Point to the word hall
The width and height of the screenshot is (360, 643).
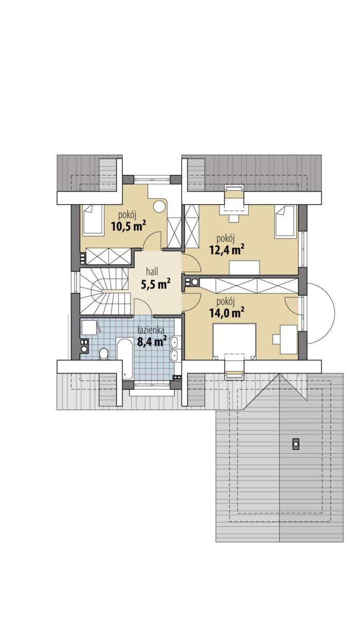click(152, 271)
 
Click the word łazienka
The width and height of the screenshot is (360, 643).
click(151, 330)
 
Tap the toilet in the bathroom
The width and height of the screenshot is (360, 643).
click(103, 354)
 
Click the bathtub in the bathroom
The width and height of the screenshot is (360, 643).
click(124, 359)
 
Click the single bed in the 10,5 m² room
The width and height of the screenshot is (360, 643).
click(93, 220)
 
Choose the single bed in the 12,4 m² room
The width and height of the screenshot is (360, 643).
click(285, 221)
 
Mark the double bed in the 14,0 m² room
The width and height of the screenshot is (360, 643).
click(234, 341)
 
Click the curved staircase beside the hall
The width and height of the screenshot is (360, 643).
click(105, 291)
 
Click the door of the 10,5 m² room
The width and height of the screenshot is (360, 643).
click(152, 241)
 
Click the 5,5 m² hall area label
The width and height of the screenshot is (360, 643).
click(156, 284)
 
